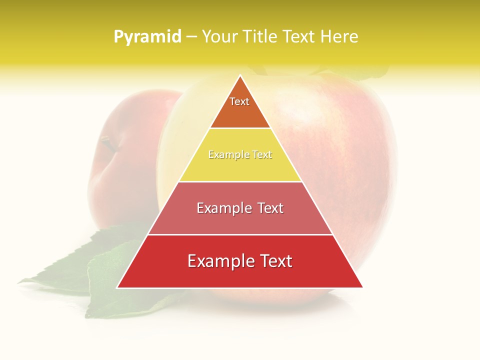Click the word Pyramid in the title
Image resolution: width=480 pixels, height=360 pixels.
(x=147, y=37)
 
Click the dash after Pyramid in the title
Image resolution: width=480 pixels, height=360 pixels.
(x=191, y=37)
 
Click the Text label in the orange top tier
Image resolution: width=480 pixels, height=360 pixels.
(x=239, y=101)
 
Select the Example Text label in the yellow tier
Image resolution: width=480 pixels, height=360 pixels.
(x=240, y=155)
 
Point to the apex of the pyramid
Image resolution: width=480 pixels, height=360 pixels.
(x=240, y=76)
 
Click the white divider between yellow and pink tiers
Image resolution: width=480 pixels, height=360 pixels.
(x=240, y=181)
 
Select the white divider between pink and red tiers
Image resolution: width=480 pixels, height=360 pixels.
(x=240, y=234)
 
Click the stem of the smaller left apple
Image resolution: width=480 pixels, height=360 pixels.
(x=107, y=143)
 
